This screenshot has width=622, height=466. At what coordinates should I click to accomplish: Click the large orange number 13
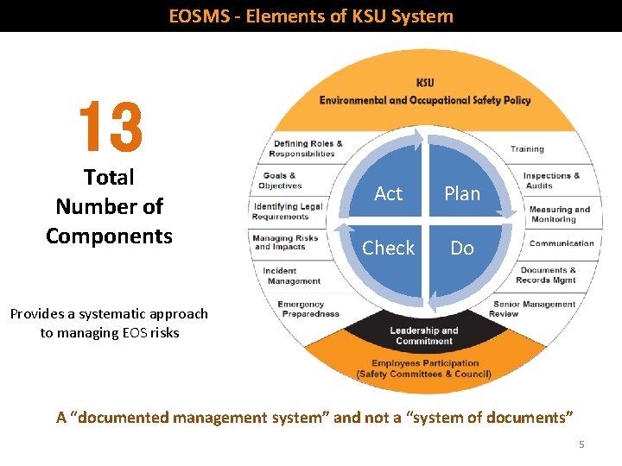[110, 125]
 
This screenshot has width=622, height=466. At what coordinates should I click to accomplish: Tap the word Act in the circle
[388, 194]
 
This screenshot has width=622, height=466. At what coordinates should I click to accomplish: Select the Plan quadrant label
[462, 194]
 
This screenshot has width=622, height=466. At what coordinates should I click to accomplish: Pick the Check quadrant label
[388, 249]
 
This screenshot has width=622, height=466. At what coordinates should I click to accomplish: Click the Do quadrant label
[462, 249]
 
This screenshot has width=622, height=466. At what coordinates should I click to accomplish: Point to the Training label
[527, 149]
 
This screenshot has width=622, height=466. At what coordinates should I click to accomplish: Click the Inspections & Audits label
[550, 180]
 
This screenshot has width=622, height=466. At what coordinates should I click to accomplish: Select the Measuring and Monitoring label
[560, 214]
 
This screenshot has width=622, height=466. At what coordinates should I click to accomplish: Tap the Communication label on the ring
[562, 243]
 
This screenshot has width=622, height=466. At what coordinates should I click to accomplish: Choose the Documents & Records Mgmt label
[546, 275]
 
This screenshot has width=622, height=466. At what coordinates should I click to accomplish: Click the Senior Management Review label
[534, 309]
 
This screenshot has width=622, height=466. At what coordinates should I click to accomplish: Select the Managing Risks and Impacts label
[286, 242]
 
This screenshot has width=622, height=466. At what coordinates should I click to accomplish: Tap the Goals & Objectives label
[281, 180]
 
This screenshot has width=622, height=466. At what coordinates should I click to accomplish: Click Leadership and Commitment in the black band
[423, 336]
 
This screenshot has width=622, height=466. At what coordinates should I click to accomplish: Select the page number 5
[581, 444]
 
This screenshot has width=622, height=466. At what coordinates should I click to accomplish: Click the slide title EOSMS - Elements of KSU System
[311, 16]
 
